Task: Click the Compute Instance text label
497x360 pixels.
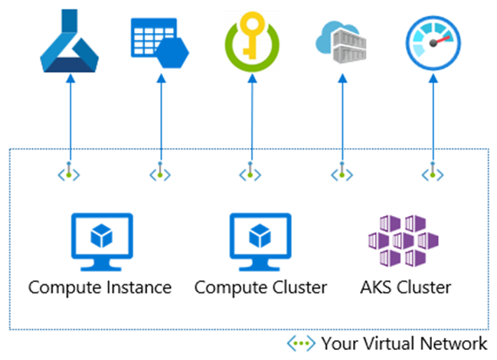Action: pos(100,288)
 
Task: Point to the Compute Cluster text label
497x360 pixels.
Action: pos(260,288)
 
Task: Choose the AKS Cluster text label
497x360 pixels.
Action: pos(405,288)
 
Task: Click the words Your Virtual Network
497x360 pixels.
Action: pos(404,342)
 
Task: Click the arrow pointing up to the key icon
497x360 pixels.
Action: pos(250,115)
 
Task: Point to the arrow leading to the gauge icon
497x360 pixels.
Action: pos(432,115)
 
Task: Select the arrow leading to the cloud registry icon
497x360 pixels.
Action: pos(341,115)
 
